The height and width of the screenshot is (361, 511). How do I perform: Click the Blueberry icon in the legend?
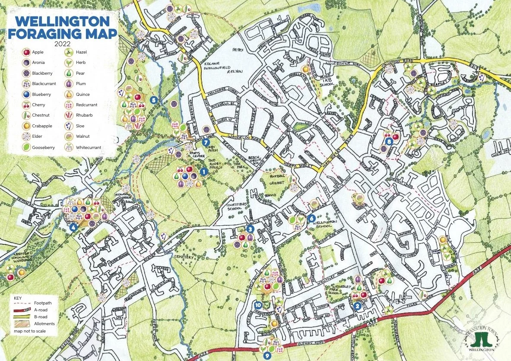(x=27, y=95)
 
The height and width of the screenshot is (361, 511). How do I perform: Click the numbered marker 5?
(x=153, y=100)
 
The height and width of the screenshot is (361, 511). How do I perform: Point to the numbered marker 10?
(x=258, y=304)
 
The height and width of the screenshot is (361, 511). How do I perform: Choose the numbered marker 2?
(x=357, y=306)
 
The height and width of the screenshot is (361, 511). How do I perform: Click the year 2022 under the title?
(x=63, y=44)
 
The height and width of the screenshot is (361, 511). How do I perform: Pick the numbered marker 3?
(x=249, y=229)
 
